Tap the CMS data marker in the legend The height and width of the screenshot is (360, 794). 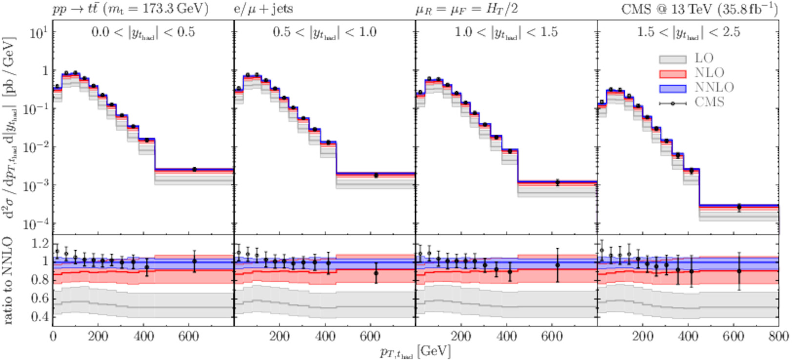tap(673, 103)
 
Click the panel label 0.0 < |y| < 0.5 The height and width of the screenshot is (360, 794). tap(143, 33)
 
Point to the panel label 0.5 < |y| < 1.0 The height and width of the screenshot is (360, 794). tap(324, 33)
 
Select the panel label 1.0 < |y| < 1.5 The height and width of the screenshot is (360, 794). tap(506, 33)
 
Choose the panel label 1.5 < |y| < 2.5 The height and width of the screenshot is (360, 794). tap(688, 33)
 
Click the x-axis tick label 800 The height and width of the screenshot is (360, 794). tap(778, 336)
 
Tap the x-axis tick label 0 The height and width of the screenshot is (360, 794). tap(53, 336)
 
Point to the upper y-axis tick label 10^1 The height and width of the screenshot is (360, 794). tap(39, 33)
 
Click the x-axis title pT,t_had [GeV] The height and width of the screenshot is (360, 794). tap(415, 352)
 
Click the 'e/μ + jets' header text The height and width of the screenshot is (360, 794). tap(263, 9)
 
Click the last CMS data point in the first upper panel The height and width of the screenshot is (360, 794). tap(195, 169)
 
